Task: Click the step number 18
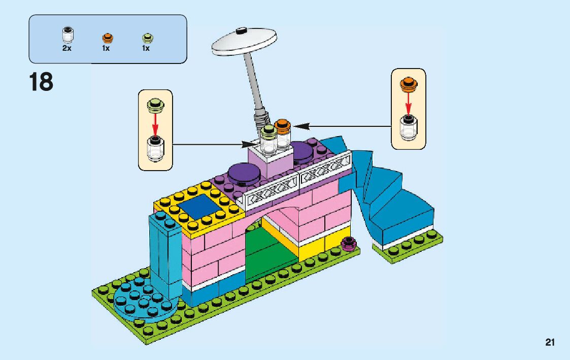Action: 41,82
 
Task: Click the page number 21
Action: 550,342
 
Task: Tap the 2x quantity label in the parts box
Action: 67,49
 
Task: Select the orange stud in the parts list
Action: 107,38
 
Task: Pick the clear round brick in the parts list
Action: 67,36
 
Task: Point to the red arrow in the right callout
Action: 408,104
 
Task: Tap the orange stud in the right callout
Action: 408,83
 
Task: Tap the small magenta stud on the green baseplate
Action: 348,244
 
